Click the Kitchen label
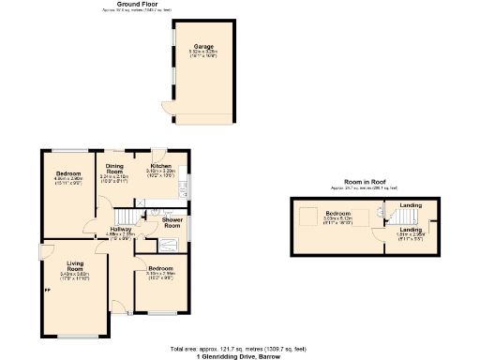pos(161,166)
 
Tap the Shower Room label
pos(172,222)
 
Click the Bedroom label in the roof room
pos(337,214)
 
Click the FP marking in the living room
pos(46,290)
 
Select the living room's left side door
pos(42,253)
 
